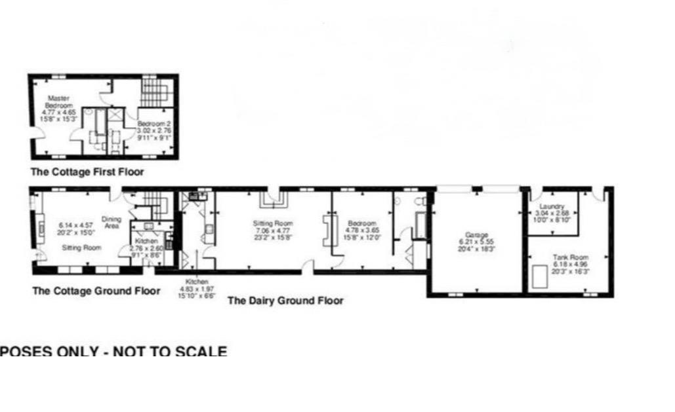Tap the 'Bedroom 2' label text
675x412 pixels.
[154, 124]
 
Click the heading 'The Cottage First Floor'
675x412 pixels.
[87, 172]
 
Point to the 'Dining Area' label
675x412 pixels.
[111, 223]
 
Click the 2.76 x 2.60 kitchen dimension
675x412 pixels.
[146, 248]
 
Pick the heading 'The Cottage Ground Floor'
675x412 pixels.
[96, 291]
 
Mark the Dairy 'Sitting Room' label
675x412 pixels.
[272, 223]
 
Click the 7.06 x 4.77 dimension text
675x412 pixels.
[272, 231]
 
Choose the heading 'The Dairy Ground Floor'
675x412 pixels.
[285, 301]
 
